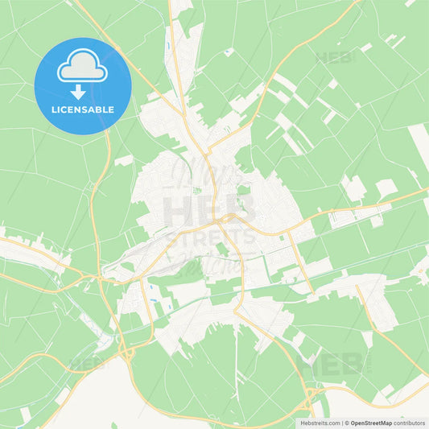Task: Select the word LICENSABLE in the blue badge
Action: [x=82, y=109]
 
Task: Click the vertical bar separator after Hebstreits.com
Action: [x=341, y=422]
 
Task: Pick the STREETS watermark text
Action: [x=210, y=239]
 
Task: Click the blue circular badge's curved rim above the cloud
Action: [x=82, y=40]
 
